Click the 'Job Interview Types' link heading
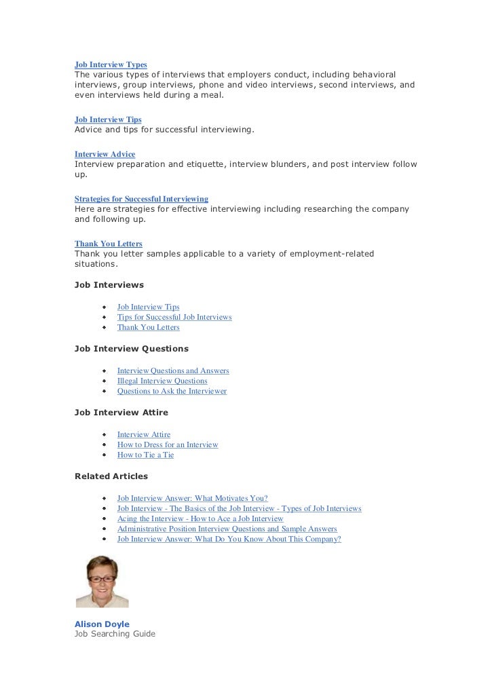click(x=111, y=64)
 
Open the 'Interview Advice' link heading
click(x=104, y=154)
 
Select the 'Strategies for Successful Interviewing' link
click(x=141, y=199)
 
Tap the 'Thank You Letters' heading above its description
click(x=108, y=244)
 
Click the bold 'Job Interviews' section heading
click(x=109, y=285)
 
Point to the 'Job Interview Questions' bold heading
click(x=131, y=349)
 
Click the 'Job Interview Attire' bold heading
click(x=121, y=412)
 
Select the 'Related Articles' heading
click(x=111, y=476)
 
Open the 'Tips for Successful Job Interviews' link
click(x=174, y=317)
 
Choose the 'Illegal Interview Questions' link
click(x=162, y=381)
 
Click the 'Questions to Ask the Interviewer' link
click(x=172, y=391)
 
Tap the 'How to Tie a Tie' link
click(x=145, y=455)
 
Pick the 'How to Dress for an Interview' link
click(x=168, y=445)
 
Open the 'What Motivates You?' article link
click(x=192, y=498)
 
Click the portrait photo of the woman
click(x=101, y=581)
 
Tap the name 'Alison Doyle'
click(x=102, y=624)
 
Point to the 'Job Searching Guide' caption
click(x=115, y=634)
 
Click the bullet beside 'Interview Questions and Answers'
click(x=104, y=371)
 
